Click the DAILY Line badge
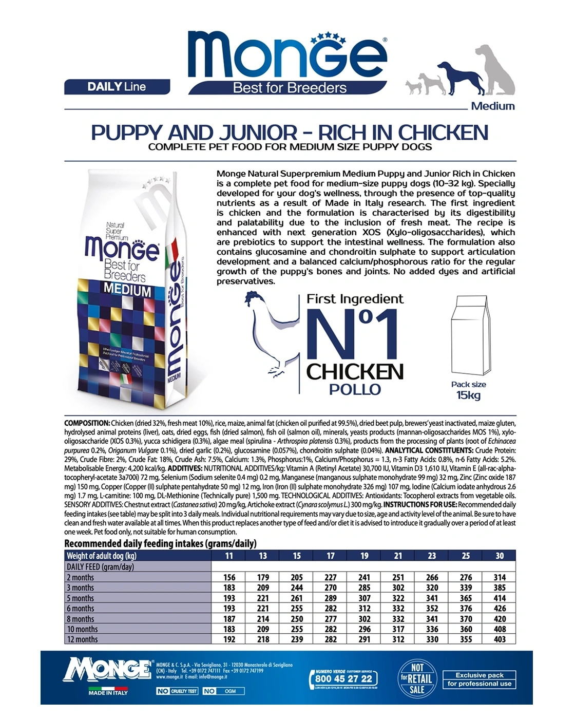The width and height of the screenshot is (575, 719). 117,87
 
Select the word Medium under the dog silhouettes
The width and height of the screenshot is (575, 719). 492,106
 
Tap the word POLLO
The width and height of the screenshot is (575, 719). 355,389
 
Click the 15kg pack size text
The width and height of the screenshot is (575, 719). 468,395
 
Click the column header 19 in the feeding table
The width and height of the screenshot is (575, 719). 364,556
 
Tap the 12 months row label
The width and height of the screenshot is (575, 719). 82,639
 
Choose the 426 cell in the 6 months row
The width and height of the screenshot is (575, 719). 499,609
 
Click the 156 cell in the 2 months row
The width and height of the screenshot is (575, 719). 229,577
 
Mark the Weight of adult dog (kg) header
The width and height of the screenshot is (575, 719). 102,556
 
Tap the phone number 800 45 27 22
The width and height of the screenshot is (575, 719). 343,678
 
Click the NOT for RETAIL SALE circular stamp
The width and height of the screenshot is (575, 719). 417,678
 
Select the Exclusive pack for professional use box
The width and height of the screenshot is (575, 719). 479,679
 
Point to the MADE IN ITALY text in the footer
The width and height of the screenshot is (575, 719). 108,693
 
